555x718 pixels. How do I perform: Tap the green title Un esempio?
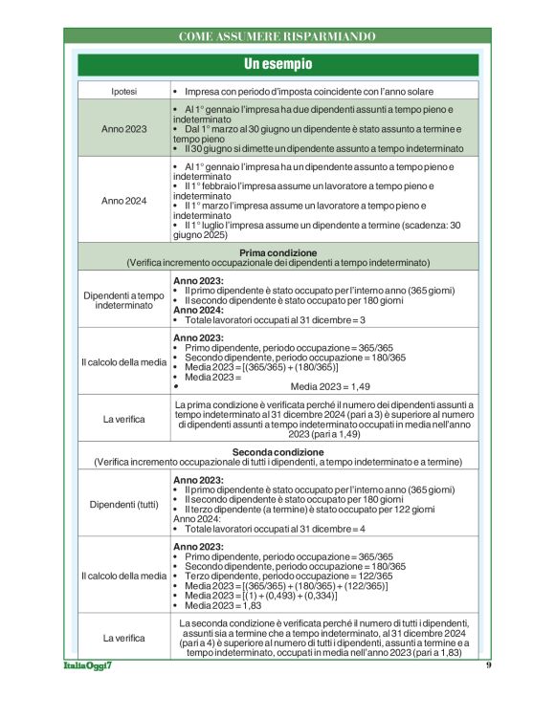coord(277,64)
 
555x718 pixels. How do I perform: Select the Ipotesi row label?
coord(123,92)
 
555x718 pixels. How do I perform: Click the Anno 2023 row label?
coord(123,128)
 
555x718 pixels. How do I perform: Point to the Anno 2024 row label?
coord(123,201)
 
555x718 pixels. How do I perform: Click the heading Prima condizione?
coord(277,251)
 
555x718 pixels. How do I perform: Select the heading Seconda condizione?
coord(277,452)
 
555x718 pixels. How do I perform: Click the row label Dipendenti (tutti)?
coord(123,504)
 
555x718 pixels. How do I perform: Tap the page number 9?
coord(488,691)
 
